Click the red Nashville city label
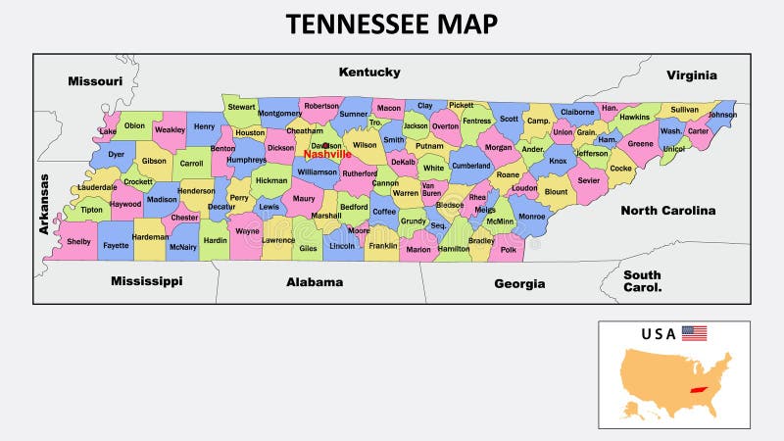click(327, 155)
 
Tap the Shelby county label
click(77, 241)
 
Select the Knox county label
click(558, 162)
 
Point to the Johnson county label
click(722, 115)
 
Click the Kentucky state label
click(369, 73)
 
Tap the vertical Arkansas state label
click(44, 205)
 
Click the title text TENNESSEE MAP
click(392, 24)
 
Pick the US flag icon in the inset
click(694, 333)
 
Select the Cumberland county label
click(470, 166)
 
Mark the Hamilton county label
click(453, 249)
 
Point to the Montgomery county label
click(279, 114)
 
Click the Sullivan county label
click(685, 110)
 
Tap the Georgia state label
click(518, 283)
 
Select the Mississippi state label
click(146, 281)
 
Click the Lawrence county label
click(278, 240)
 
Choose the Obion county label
click(134, 125)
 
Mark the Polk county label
click(508, 250)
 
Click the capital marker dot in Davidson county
click(326, 146)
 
